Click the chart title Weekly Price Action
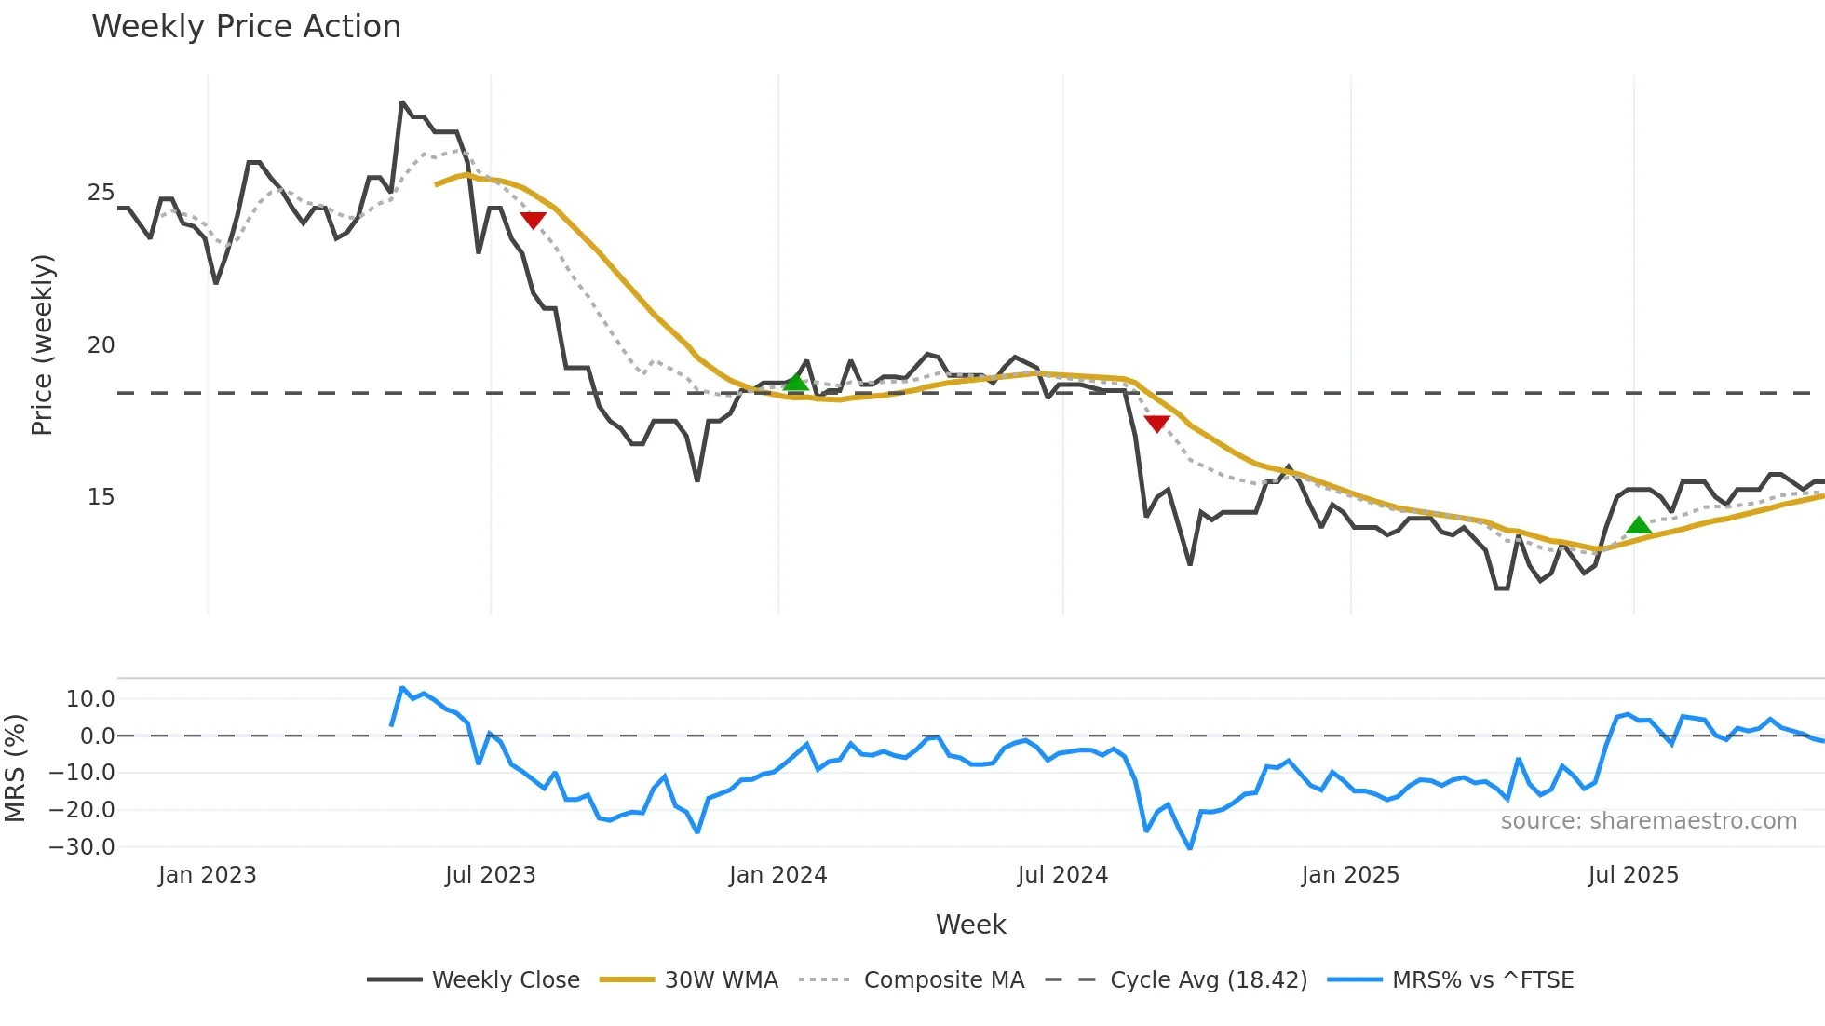point(246,27)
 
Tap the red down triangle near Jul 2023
point(533,220)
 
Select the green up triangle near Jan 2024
point(796,382)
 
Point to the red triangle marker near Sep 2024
point(1156,424)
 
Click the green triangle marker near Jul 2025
point(1639,525)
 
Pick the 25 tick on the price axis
point(101,193)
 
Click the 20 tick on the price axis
point(101,345)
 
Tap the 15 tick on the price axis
point(101,497)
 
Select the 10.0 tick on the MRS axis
point(90,699)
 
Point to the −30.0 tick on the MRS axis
point(83,847)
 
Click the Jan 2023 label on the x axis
point(207,875)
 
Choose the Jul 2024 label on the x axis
point(1062,875)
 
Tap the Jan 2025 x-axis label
point(1350,875)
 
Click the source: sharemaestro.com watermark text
point(1648,821)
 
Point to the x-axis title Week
point(970,925)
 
